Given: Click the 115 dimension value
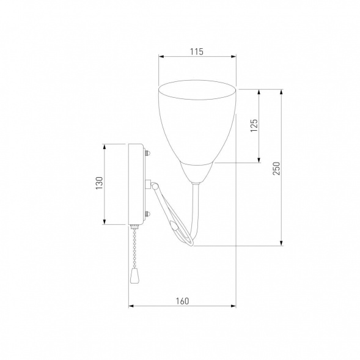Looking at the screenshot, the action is pyautogui.click(x=197, y=52).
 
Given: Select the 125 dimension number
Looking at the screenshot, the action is pyautogui.click(x=254, y=125).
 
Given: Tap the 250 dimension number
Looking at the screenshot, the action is pyautogui.click(x=277, y=169).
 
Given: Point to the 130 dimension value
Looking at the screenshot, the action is pyautogui.click(x=100, y=183).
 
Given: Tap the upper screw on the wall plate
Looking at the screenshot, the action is pyautogui.click(x=147, y=152).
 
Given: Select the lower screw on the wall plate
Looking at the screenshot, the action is pyautogui.click(x=147, y=215).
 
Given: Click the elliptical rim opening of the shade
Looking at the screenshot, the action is pyautogui.click(x=197, y=90).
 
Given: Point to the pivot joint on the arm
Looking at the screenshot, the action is pyautogui.click(x=154, y=186).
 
